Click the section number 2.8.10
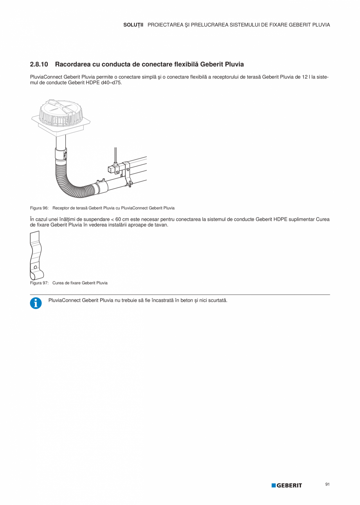pos(39,64)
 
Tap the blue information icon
pos(36,303)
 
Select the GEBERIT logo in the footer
pos(287,485)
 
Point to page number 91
pos(327,485)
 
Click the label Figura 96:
pos(39,208)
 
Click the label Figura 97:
pos(39,283)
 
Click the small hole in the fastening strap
pos(35,267)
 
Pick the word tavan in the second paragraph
pos(161,225)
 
